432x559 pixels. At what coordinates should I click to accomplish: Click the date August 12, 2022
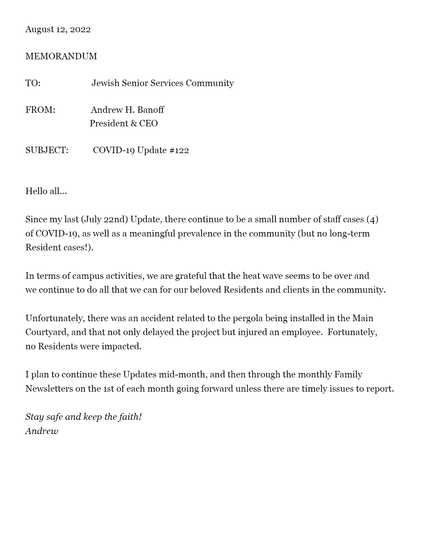[58, 29]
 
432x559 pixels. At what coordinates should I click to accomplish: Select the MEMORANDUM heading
[61, 56]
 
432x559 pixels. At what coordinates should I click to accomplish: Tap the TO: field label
[33, 83]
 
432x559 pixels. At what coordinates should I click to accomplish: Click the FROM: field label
[40, 110]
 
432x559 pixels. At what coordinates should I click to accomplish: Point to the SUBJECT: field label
[47, 150]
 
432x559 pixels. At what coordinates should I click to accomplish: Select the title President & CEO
[124, 124]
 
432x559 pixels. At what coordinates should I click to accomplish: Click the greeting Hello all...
[46, 191]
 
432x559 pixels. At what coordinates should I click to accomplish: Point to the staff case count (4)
[372, 220]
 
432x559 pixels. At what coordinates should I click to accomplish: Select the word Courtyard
[47, 332]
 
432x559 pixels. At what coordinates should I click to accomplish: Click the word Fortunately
[352, 332]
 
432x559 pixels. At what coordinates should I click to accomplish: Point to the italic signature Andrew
[42, 431]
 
